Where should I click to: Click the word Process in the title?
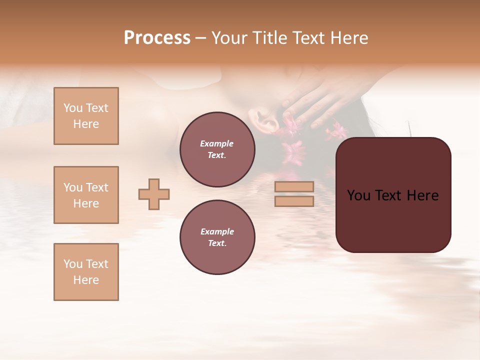point(157,38)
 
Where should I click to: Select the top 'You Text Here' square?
point(86,116)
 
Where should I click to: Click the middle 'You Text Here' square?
point(86,195)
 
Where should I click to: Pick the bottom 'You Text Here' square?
point(86,272)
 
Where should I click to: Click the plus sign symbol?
point(154,194)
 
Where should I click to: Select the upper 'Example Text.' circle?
point(217,149)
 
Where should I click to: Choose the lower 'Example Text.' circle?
point(217,237)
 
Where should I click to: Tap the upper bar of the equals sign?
point(294,186)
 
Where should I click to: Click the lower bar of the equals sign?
point(294,201)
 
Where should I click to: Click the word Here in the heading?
point(349,38)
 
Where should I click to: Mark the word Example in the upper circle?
point(217,143)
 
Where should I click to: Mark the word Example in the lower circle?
point(217,231)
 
